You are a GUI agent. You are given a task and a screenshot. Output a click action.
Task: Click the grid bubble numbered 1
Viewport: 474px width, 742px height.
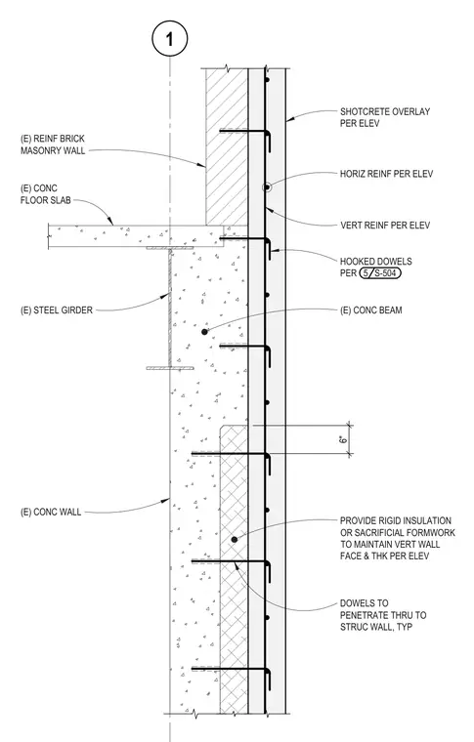[x=169, y=39]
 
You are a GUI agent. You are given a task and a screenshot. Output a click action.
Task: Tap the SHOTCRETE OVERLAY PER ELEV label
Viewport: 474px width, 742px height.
[x=385, y=117]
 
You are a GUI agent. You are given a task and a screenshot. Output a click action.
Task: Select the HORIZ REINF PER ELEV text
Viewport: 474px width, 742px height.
[x=386, y=174]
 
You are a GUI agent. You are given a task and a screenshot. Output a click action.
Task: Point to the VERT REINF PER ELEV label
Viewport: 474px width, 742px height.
[x=385, y=225]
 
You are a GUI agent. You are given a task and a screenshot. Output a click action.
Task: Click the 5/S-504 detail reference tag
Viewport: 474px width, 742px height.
[x=380, y=273]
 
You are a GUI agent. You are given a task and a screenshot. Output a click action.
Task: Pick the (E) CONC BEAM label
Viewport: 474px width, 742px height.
[x=371, y=310]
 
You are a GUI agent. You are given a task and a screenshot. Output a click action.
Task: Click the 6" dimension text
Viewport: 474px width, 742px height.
[x=344, y=439]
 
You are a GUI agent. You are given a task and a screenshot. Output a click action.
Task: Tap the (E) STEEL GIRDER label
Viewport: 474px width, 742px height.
[x=57, y=310]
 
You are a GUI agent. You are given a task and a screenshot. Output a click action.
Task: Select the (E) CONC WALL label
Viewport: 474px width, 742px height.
[x=51, y=512]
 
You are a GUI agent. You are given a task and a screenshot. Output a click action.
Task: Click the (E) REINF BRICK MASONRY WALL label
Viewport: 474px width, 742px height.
[x=53, y=144]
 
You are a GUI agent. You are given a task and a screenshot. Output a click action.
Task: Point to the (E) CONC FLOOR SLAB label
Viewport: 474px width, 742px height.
[x=46, y=194]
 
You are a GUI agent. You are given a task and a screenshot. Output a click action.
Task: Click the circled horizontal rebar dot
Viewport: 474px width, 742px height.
[x=267, y=187]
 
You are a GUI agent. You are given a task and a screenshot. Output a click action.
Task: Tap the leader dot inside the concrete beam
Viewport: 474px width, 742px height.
[x=204, y=332]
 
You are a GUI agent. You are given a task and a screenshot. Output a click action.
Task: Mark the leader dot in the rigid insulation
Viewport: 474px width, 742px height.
[x=234, y=540]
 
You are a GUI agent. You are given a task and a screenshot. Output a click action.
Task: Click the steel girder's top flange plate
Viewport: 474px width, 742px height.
[x=169, y=248]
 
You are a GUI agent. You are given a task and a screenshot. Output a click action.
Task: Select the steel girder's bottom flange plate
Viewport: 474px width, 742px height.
[x=169, y=368]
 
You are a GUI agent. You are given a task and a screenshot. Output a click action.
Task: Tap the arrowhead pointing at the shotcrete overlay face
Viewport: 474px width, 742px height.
[x=290, y=119]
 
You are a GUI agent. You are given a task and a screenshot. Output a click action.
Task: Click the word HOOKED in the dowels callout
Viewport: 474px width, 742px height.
[x=357, y=262]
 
